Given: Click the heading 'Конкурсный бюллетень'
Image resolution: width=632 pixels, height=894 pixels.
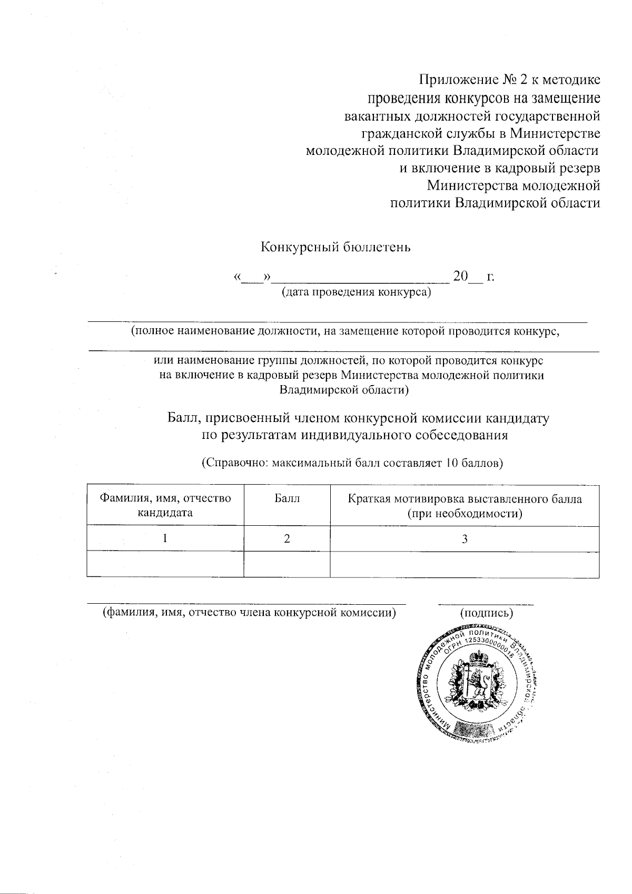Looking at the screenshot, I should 336,247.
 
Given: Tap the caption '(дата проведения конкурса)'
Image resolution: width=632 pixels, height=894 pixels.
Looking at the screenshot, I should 357,291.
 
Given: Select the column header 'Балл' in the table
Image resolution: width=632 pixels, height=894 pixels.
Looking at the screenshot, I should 287,498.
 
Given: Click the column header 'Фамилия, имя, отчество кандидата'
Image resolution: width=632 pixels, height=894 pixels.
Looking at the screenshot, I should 165,505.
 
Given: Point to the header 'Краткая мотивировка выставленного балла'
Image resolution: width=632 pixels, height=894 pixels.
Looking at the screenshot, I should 465,499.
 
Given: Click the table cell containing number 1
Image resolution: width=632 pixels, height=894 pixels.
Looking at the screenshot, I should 165,538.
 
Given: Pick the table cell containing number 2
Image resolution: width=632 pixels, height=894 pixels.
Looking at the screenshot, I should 287,538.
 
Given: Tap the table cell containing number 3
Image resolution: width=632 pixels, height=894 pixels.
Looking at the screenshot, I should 465,538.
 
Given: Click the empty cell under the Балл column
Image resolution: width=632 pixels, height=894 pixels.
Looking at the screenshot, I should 287,564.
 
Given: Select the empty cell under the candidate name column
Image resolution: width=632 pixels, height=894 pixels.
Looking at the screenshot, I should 165,564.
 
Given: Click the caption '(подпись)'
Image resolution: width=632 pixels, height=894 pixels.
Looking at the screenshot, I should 486,613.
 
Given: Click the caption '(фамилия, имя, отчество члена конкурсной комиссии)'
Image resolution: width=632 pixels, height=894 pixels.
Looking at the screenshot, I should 249,612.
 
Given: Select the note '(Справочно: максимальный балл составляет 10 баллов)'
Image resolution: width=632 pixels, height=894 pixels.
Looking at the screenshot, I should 352,463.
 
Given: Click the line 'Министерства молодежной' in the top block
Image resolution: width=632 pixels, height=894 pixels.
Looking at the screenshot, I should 513,185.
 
